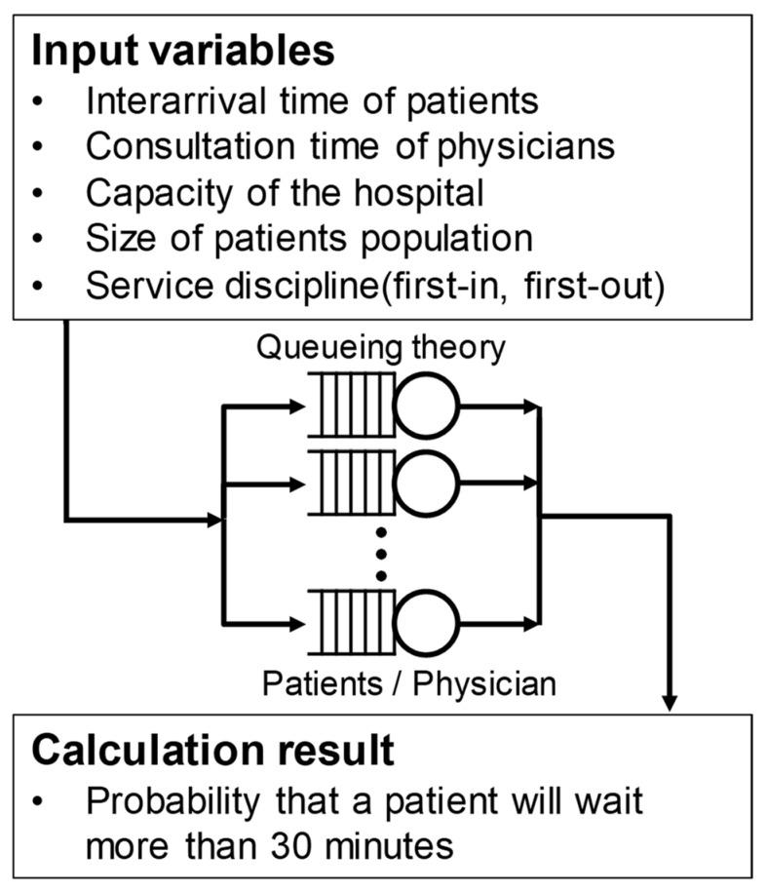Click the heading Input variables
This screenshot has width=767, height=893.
pos(183,51)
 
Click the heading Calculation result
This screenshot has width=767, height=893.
pos(213,750)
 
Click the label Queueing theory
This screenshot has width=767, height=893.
pos(381,348)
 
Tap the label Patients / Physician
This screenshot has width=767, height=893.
pos(409,682)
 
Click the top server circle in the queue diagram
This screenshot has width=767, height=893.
pos(426,410)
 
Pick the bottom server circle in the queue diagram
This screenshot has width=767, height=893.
pos(426,621)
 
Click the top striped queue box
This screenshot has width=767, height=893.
pos(350,410)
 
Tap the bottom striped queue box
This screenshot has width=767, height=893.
pos(350,621)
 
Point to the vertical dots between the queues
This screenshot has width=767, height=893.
pos(382,553)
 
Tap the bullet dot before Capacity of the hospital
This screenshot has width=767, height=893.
pos(37,193)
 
